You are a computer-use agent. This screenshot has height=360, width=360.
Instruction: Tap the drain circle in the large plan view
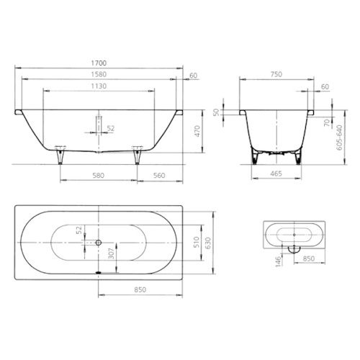pos(98,243)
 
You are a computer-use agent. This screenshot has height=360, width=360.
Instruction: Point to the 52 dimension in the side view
pos(109,128)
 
